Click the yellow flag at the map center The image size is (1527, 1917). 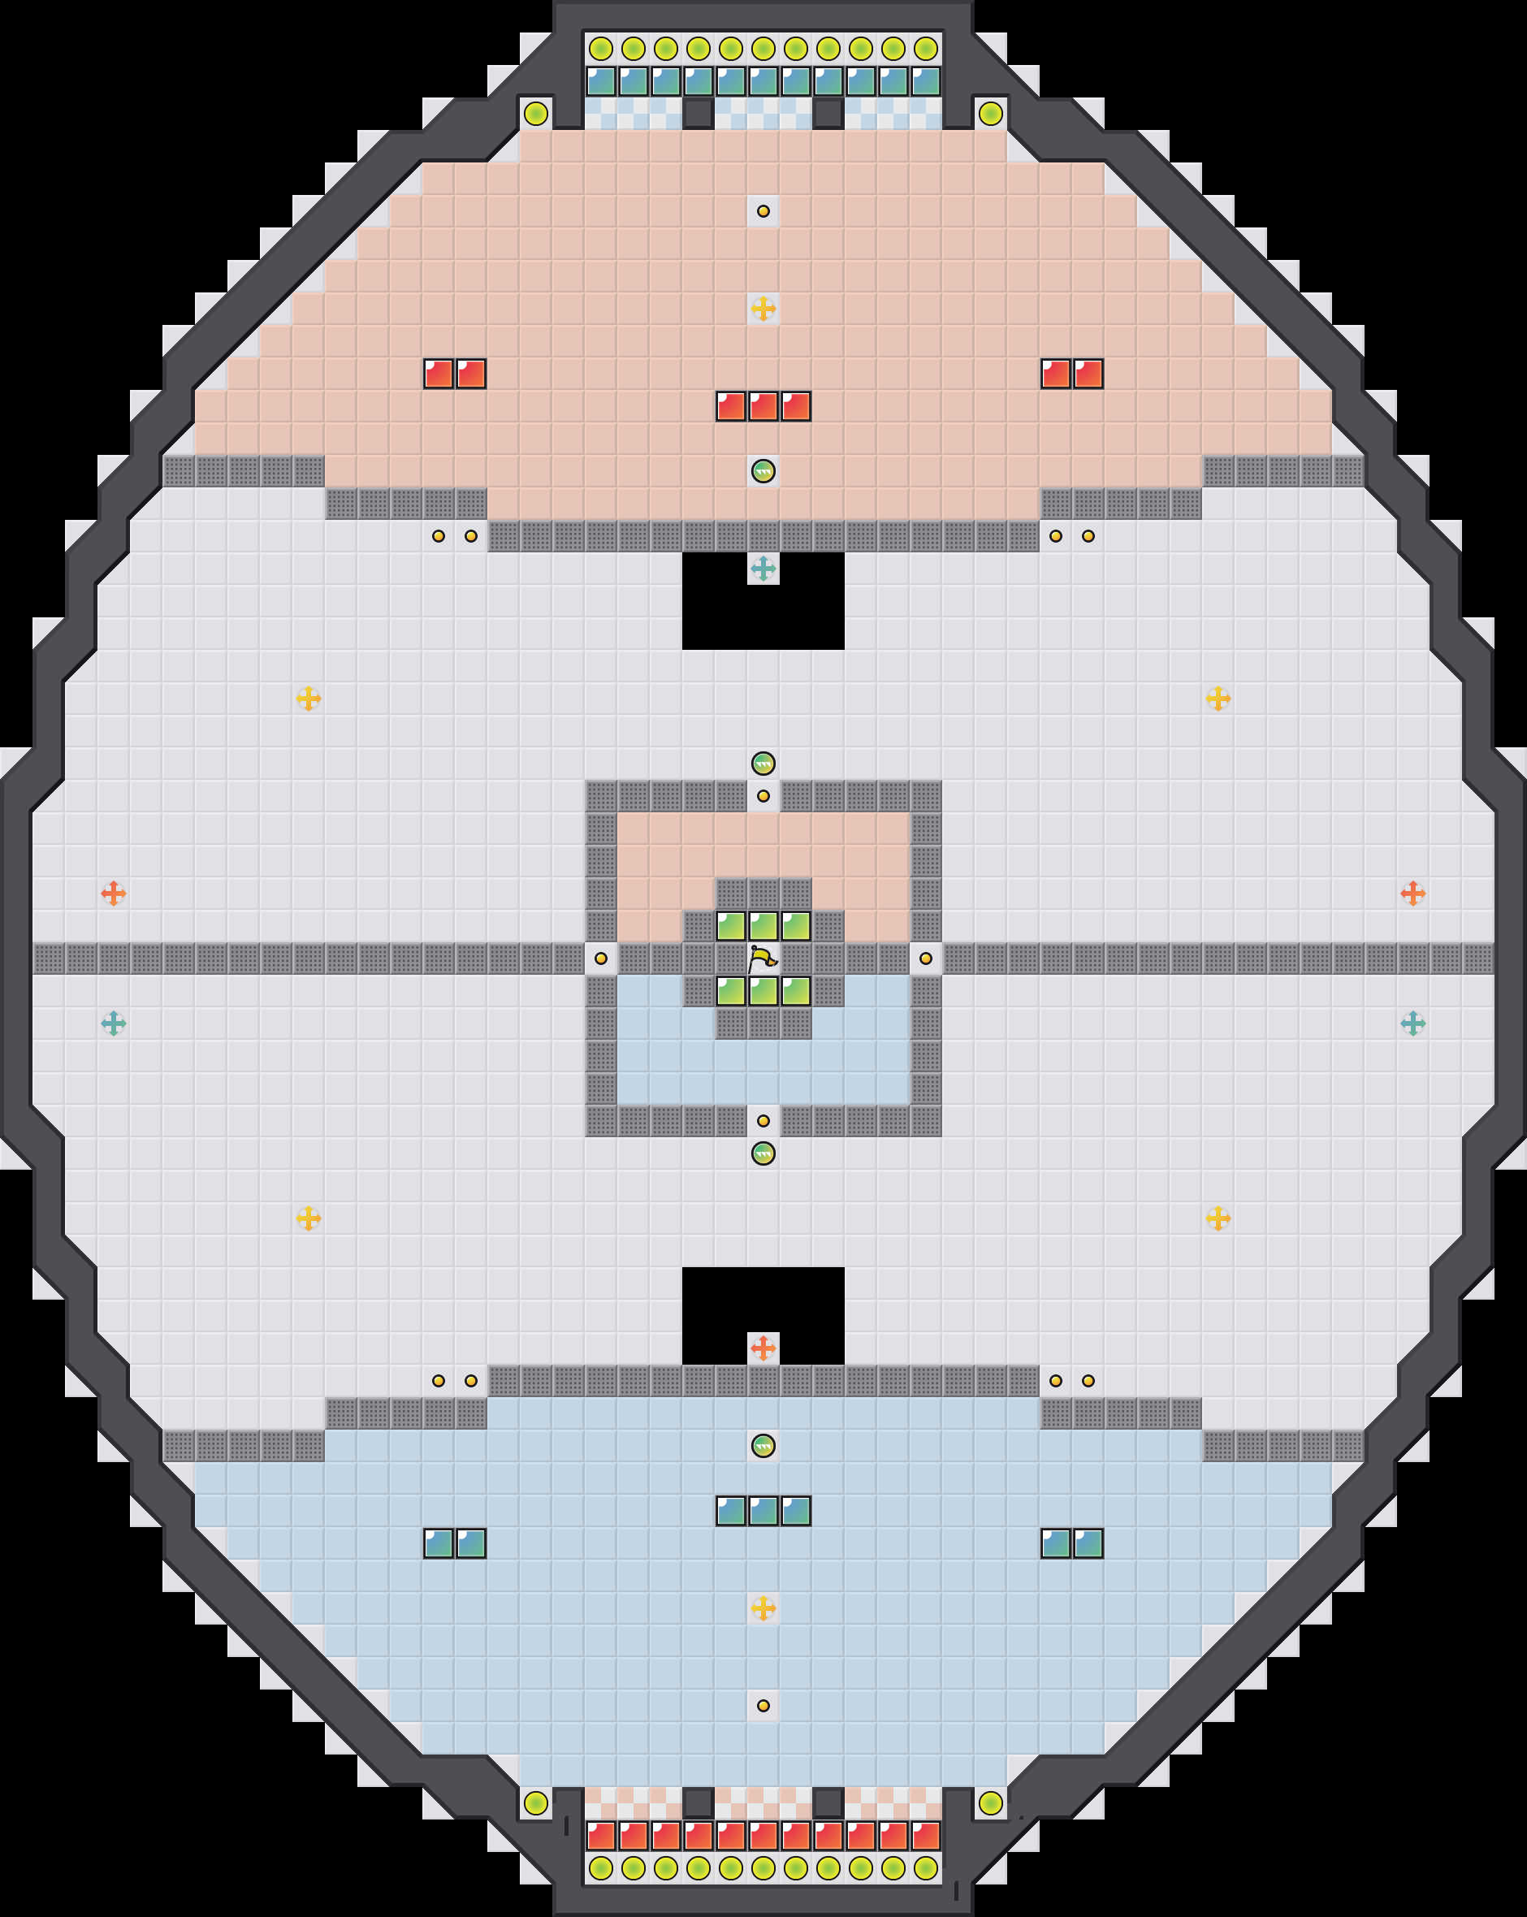(762, 958)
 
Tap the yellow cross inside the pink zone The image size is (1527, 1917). (763, 309)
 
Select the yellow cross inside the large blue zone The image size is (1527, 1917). (763, 1608)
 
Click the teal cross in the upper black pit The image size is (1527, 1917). (763, 568)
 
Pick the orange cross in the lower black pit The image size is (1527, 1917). (763, 1348)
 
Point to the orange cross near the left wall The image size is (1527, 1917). (113, 893)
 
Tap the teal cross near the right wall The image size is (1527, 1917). (1413, 1023)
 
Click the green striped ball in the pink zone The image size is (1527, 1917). (763, 470)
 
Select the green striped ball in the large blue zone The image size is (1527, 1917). (763, 1446)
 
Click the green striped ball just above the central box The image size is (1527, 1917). (763, 763)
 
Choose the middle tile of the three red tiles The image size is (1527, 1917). (763, 406)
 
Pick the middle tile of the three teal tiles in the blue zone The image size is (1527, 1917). (763, 1511)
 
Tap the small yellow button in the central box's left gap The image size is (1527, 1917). (601, 958)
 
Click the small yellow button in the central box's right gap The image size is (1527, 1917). (926, 958)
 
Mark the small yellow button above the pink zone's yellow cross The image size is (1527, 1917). (763, 210)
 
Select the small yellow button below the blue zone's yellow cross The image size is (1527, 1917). (763, 1705)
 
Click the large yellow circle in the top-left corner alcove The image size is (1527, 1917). (535, 114)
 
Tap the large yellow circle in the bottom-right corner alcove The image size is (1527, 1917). (991, 1803)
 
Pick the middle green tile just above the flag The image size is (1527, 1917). (763, 925)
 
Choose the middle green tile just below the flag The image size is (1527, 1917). (763, 990)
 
